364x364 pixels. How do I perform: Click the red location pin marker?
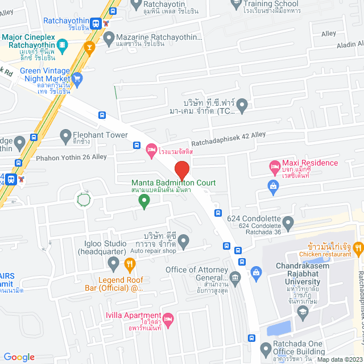(181, 170)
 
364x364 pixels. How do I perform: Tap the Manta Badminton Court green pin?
(144, 200)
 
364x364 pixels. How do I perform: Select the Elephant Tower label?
(100, 135)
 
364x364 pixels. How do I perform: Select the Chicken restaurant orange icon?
(358, 247)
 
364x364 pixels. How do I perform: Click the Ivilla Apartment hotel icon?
(167, 318)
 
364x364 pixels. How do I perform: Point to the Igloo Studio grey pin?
(113, 263)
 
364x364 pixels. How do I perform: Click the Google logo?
(19, 357)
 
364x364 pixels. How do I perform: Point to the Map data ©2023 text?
(339, 359)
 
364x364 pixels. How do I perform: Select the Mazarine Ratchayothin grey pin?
(109, 38)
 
